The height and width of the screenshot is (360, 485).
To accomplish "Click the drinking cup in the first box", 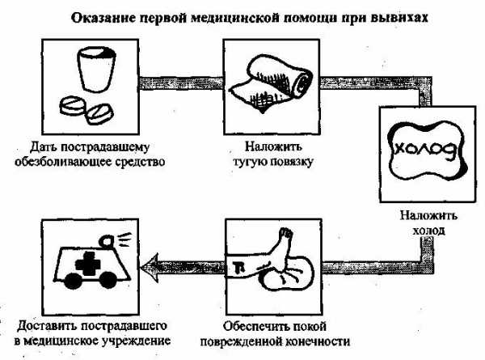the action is [96, 70].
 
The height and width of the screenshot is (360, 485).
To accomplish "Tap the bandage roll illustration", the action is [271, 84].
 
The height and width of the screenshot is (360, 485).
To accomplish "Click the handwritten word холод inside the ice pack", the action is [427, 150].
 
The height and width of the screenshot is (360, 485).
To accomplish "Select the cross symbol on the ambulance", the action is [88, 264].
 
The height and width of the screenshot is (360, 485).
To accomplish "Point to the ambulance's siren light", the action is [108, 240].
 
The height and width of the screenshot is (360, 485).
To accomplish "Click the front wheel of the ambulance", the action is [73, 281].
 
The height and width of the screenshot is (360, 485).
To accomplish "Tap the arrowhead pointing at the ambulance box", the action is [150, 268].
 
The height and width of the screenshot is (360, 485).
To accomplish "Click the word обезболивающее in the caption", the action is [61, 162].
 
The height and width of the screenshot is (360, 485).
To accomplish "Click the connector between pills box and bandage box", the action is [181, 83].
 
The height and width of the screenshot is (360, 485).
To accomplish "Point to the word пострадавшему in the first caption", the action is [105, 147].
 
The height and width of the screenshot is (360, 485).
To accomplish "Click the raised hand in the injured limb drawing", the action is [285, 234].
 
